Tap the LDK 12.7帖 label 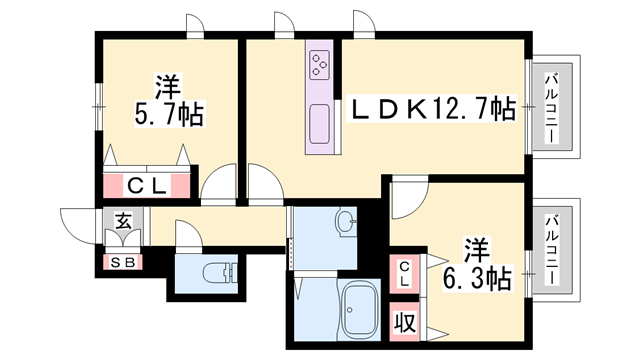pos(431,109)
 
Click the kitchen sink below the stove pos(320,123)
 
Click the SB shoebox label pos(124,263)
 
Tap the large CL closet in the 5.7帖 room pos(146,185)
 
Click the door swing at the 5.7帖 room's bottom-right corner pos(218,187)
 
